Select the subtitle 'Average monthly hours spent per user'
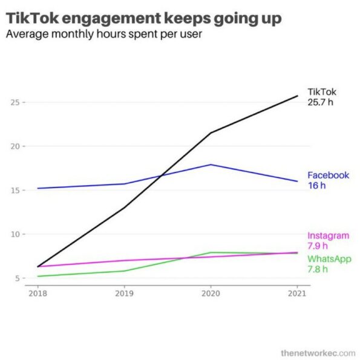point(103,34)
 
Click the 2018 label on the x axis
point(38,293)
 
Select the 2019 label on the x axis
point(125,293)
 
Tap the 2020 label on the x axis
point(211,293)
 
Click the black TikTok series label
point(322,92)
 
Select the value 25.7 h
point(321,102)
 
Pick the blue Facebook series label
point(328,175)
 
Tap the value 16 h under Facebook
point(317,185)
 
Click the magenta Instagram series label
point(328,236)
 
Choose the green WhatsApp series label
point(329,259)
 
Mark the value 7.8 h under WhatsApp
point(318,269)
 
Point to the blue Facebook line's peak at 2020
point(211,165)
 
